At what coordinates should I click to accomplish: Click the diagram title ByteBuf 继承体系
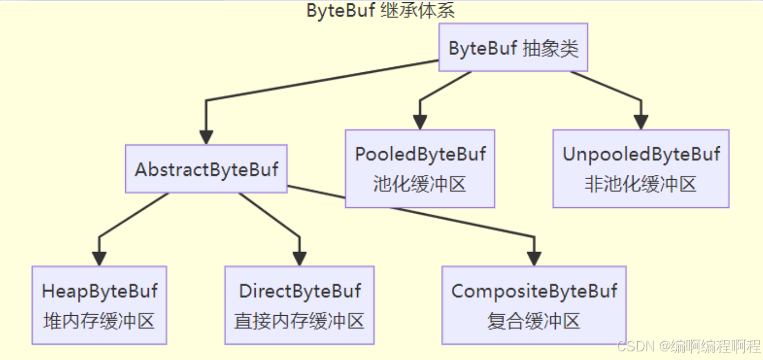pos(380,10)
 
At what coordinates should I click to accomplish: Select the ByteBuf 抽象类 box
pos(513,48)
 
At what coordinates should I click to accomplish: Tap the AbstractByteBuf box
pos(206,169)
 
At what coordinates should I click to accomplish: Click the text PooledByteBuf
pos(420,154)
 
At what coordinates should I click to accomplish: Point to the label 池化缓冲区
pos(420,185)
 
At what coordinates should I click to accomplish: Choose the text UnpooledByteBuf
pos(641,154)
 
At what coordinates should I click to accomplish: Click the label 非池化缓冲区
pos(641,185)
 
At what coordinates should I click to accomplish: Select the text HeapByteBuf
pos(99,291)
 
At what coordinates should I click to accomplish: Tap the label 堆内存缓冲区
pos(99,321)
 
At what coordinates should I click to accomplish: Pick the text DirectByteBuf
pos(299,291)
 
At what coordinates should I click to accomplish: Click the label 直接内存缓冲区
pos(299,321)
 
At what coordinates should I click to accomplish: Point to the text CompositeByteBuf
pos(534,291)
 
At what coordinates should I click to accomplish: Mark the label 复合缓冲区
pos(534,321)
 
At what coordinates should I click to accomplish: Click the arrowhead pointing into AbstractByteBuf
pos(206,138)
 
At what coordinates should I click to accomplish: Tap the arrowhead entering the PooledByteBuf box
pos(420,123)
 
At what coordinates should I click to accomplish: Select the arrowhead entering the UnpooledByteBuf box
pos(641,123)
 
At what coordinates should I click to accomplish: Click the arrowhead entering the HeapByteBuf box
pos(99,259)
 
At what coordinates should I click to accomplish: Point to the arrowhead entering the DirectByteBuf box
pos(299,259)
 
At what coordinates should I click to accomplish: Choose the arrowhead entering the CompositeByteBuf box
pos(534,259)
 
